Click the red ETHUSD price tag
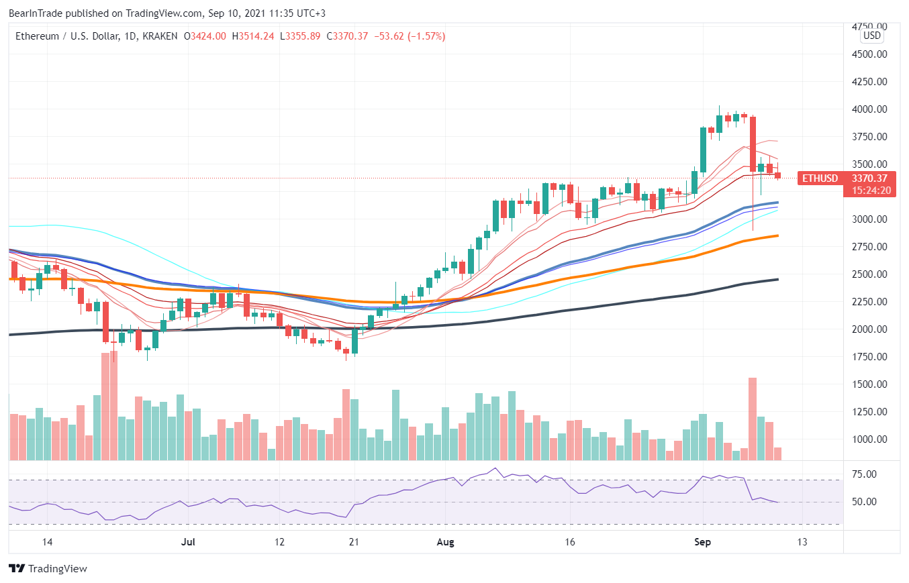pyautogui.click(x=818, y=178)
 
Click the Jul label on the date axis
pyautogui.click(x=189, y=542)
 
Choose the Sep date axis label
pyautogui.click(x=703, y=542)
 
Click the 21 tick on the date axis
pyautogui.click(x=354, y=542)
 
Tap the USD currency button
pyautogui.click(x=872, y=36)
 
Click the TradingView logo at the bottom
pyautogui.click(x=48, y=569)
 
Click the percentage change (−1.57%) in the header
pyautogui.click(x=425, y=36)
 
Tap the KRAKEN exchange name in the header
pyautogui.click(x=160, y=36)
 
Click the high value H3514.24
pyautogui.click(x=253, y=36)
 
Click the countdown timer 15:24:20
pyautogui.click(x=871, y=191)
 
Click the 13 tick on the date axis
pyautogui.click(x=802, y=542)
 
